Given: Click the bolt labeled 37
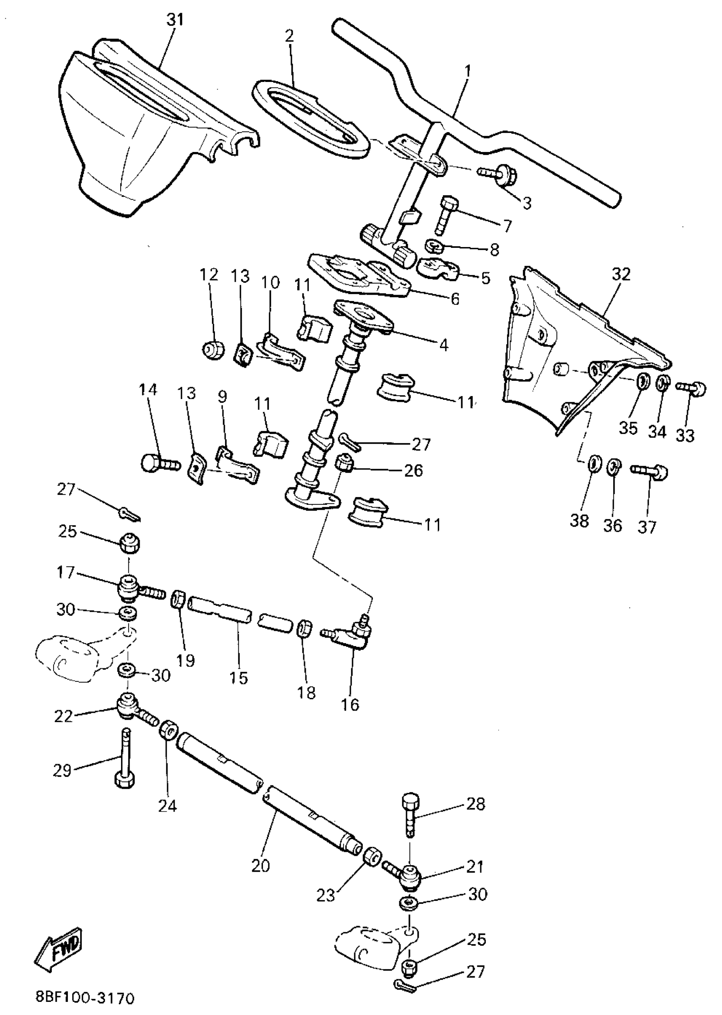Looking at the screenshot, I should click(x=649, y=470).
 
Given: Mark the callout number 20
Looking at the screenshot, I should click(x=260, y=865).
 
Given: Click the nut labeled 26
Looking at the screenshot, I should click(x=344, y=464).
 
